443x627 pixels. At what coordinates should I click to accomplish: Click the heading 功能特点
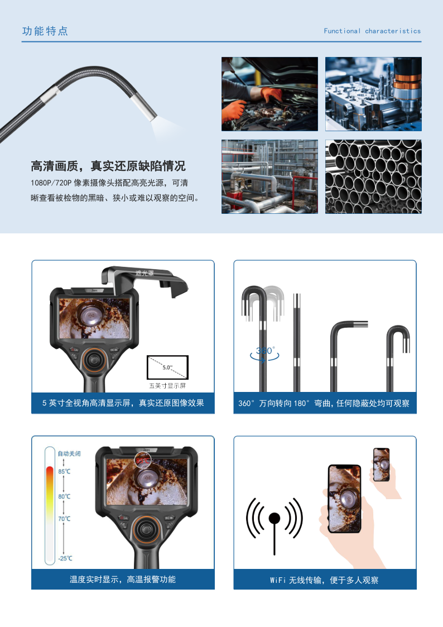click(x=45, y=31)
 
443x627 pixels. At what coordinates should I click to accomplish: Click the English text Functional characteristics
click(x=372, y=31)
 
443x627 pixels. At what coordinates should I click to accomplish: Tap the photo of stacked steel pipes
click(x=373, y=176)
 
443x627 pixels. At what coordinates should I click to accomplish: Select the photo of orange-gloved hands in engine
click(x=269, y=94)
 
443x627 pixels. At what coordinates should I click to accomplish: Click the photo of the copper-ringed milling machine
click(x=373, y=94)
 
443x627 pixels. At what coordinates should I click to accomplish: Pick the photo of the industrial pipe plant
click(x=269, y=176)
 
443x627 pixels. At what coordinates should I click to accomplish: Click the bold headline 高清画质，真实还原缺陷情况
click(x=108, y=166)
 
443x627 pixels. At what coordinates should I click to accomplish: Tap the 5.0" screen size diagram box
click(x=167, y=367)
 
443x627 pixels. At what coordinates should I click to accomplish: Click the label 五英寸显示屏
click(x=167, y=385)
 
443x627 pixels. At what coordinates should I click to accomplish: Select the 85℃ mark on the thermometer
click(x=64, y=471)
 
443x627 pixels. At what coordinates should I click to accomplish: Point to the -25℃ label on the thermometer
click(x=65, y=558)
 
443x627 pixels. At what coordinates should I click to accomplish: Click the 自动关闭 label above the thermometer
click(x=69, y=453)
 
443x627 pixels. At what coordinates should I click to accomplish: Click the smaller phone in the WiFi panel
click(x=381, y=465)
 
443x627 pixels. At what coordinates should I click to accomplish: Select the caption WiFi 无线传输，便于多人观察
click(x=324, y=580)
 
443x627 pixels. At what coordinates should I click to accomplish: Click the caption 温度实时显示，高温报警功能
click(x=123, y=580)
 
